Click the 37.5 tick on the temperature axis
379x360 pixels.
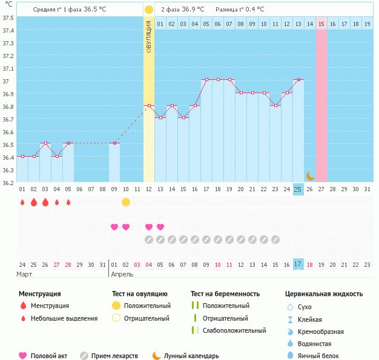(x=8, y=18)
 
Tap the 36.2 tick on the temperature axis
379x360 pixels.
(x=8, y=183)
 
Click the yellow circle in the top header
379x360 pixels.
(x=148, y=10)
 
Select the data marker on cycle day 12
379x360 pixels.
(x=149, y=105)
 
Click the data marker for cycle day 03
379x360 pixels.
(x=45, y=143)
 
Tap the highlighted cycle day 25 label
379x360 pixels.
(x=298, y=189)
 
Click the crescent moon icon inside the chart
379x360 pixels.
(x=310, y=176)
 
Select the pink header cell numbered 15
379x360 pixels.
(x=321, y=24)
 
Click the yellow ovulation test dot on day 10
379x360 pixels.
(x=126, y=202)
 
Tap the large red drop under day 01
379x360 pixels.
(x=22, y=202)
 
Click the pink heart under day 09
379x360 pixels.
(x=114, y=227)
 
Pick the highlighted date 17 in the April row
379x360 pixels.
(x=298, y=264)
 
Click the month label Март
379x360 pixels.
(x=25, y=274)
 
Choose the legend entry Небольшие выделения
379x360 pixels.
(x=64, y=318)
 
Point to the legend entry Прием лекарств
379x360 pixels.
(x=114, y=356)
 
